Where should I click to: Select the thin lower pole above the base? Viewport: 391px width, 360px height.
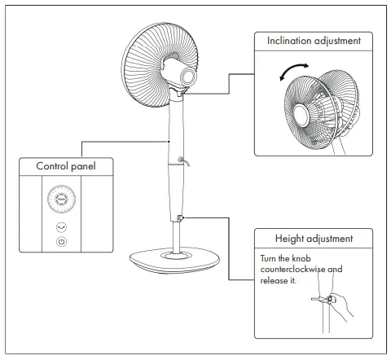tap(175, 236)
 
